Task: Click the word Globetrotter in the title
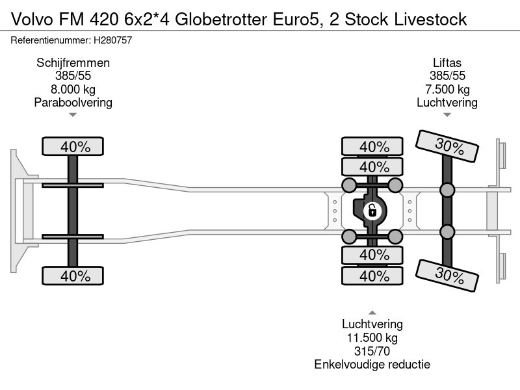tap(221, 19)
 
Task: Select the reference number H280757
tap(112, 40)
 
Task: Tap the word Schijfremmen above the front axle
tap(73, 63)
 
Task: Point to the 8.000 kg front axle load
tap(73, 90)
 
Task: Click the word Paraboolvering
tap(73, 103)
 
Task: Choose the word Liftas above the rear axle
tap(447, 63)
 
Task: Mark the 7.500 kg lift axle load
tap(447, 90)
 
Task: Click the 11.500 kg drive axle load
tap(372, 338)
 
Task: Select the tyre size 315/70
tap(372, 351)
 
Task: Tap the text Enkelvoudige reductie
tap(372, 365)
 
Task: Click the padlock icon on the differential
tap(372, 211)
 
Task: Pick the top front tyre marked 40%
tap(73, 146)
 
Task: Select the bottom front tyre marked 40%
tap(73, 276)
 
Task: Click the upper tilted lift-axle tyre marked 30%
tap(447, 146)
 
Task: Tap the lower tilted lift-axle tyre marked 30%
tap(447, 276)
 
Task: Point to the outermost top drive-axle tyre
tap(372, 146)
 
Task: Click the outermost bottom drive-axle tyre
tap(372, 276)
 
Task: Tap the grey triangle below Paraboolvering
tap(73, 115)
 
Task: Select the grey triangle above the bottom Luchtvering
tap(372, 313)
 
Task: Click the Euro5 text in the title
tap(296, 19)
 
